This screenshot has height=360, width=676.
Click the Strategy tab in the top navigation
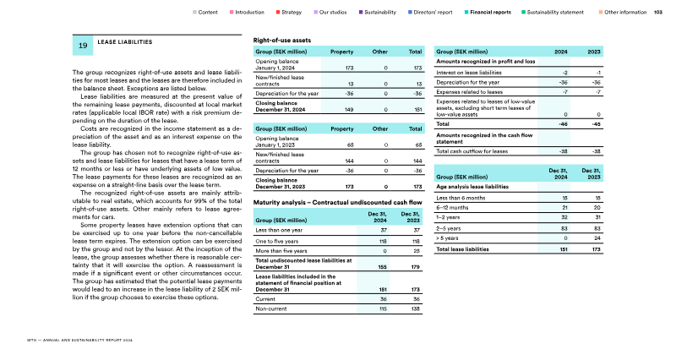tap(292, 14)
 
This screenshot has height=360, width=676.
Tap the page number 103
tap(658, 14)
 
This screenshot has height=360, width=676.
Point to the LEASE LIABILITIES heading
tap(125, 41)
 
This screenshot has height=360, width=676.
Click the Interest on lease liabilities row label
tap(471, 74)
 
